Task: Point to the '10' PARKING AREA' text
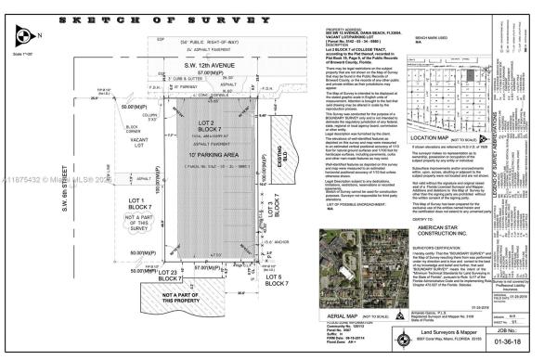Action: pos(160,152)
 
